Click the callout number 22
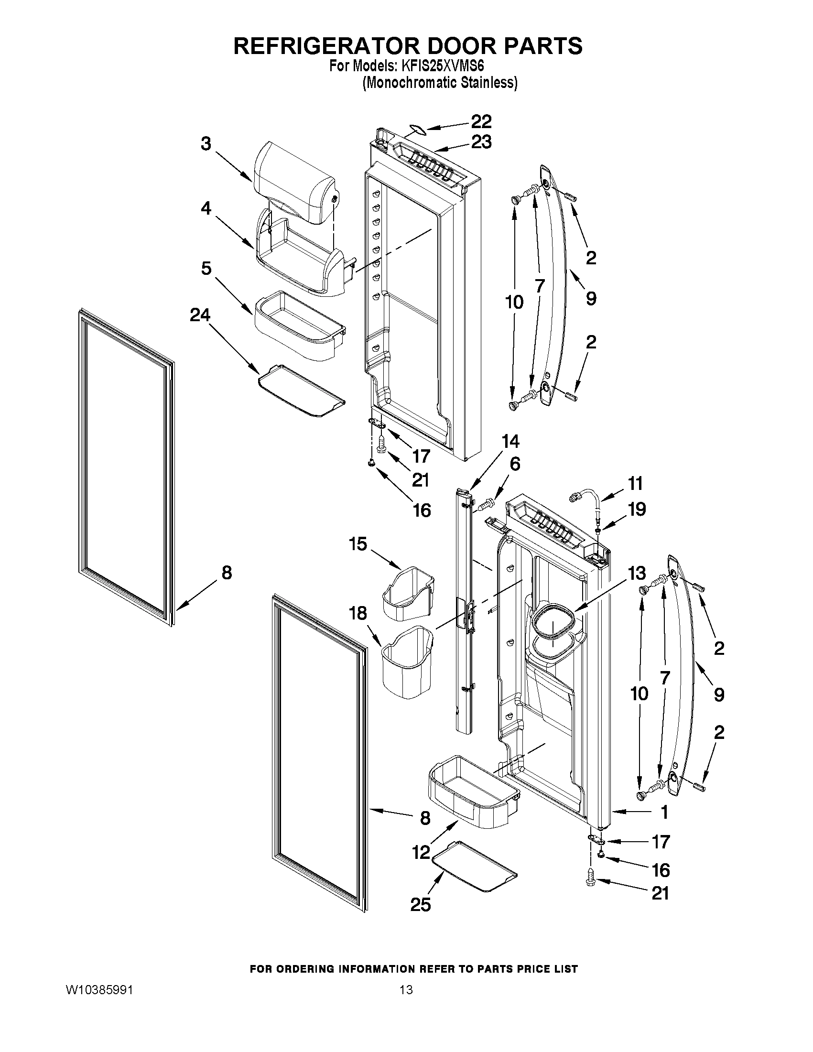tap(481, 121)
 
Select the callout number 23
tap(481, 142)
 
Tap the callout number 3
tap(206, 143)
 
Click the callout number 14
tap(510, 441)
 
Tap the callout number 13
tap(637, 573)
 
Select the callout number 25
tap(420, 905)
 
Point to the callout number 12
tap(421, 853)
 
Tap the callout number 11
tap(635, 483)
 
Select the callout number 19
tap(637, 509)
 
